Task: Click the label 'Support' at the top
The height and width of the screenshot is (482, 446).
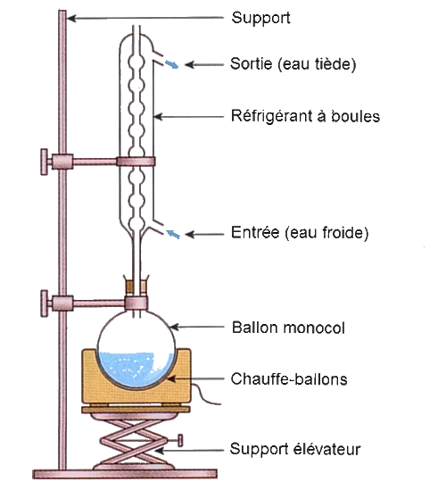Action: coord(260,18)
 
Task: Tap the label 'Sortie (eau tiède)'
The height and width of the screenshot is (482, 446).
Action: coord(293,64)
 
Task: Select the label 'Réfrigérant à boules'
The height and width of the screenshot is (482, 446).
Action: coord(305,116)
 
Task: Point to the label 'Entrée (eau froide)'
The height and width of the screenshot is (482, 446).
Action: coord(300,233)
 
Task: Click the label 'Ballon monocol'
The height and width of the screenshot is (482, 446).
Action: coord(288,328)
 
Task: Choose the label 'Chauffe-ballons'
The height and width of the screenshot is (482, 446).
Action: coord(289,379)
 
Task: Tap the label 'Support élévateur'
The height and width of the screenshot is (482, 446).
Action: coord(295,449)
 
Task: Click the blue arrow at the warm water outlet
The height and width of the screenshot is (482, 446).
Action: coord(171,64)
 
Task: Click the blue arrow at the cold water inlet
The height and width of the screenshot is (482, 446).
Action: coord(173,234)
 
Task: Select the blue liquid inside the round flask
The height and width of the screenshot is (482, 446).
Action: coord(136,369)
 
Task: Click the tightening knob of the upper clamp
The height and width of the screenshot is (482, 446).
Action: coord(45,162)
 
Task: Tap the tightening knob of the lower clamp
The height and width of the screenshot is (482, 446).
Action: coord(45,303)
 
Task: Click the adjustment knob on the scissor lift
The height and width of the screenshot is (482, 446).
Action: coord(180,440)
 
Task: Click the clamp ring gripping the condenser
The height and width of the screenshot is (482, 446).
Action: coord(136,162)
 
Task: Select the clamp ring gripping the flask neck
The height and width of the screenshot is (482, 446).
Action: coord(136,303)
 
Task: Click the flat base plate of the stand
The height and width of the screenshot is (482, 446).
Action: coord(125,474)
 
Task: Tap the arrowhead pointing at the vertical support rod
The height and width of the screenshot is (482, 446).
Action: coord(71,19)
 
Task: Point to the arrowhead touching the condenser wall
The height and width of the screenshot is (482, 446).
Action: coord(158,117)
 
